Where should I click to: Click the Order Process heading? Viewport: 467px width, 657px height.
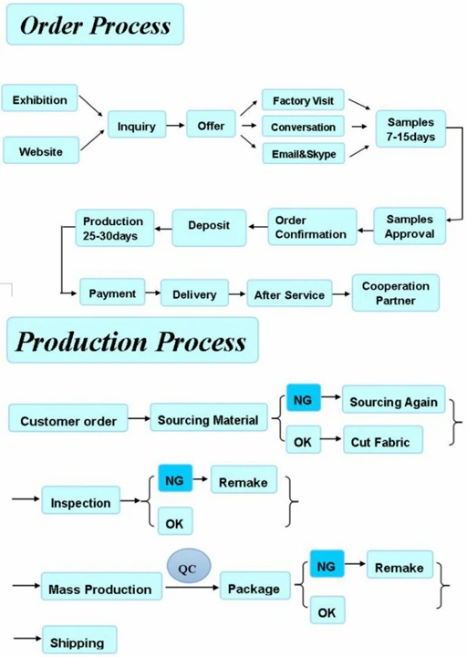[x=95, y=25]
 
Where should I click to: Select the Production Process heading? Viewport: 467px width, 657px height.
[x=131, y=342]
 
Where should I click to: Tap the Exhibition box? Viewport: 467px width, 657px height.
[x=39, y=100]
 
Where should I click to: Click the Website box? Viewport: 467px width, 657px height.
[x=41, y=151]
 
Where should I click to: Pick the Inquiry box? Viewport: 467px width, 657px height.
[x=137, y=127]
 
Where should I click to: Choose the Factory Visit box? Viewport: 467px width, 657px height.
[x=303, y=100]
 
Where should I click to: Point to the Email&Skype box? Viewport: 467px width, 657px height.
[x=303, y=154]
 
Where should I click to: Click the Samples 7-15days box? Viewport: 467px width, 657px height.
[x=410, y=129]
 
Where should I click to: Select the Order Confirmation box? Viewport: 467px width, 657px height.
[x=310, y=227]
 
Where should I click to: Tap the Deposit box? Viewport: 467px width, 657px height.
[x=209, y=226]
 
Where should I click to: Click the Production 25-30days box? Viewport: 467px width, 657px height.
[x=113, y=228]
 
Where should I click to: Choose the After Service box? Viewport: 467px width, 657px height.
[x=288, y=295]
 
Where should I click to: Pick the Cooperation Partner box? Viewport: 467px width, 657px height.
[x=395, y=293]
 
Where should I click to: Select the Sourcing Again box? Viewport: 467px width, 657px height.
[x=393, y=402]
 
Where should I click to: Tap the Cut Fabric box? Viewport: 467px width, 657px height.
[x=380, y=443]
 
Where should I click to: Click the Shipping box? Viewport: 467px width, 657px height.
[x=78, y=642]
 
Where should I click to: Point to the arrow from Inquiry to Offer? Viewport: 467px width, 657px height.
[x=175, y=127]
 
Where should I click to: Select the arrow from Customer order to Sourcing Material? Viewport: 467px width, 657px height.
[x=139, y=420]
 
